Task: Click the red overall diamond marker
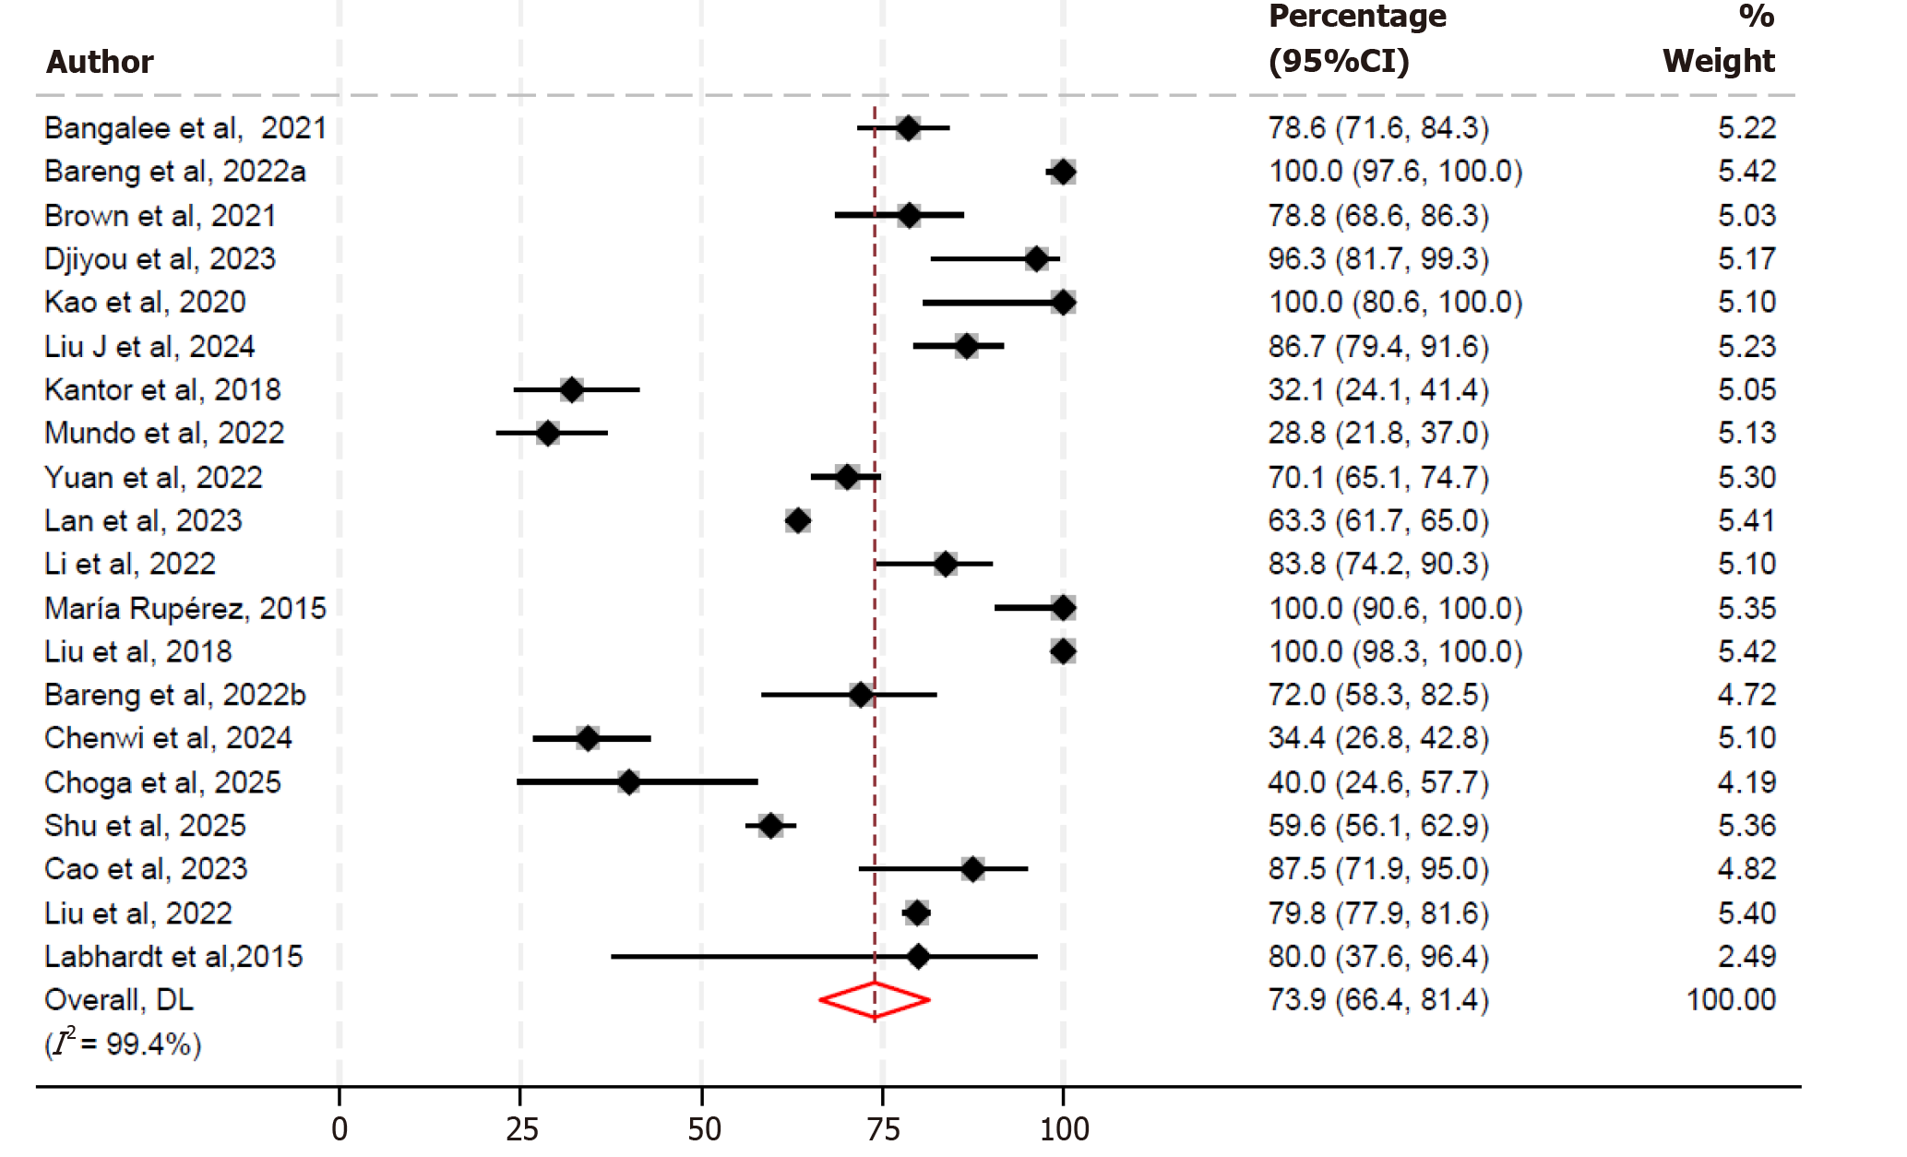click(874, 1000)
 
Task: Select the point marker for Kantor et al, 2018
click(571, 389)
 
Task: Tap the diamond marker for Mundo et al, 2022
click(547, 433)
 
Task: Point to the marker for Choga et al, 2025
click(628, 782)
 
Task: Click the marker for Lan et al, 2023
click(797, 520)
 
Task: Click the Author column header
click(100, 62)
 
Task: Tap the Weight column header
click(1718, 61)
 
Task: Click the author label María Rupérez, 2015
click(185, 608)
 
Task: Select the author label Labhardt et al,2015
click(173, 957)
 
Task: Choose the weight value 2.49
click(1746, 957)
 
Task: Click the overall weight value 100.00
click(1730, 1000)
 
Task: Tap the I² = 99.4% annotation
click(123, 1044)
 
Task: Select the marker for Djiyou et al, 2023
click(1036, 258)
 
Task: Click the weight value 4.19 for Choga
click(1746, 782)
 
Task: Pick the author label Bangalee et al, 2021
click(185, 128)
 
